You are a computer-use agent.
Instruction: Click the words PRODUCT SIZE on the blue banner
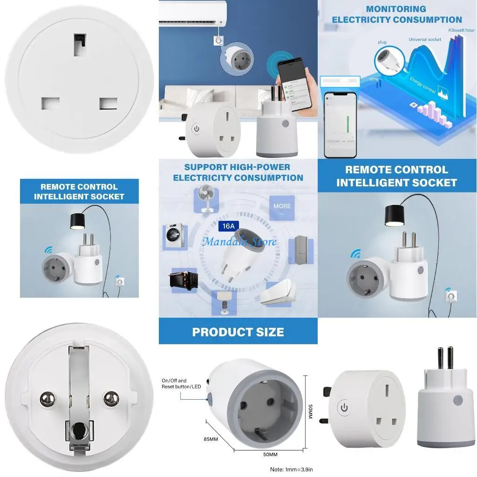point(238,332)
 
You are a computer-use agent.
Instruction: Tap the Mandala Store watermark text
point(239,241)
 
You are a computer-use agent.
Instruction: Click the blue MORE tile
point(282,208)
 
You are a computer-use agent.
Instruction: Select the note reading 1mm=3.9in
point(294,469)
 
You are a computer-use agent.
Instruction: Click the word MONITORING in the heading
point(396,9)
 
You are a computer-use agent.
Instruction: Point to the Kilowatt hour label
point(461,30)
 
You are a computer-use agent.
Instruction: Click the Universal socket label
point(425,40)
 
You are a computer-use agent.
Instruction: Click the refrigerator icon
point(300,252)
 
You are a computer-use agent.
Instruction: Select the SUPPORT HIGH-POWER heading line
point(237,167)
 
